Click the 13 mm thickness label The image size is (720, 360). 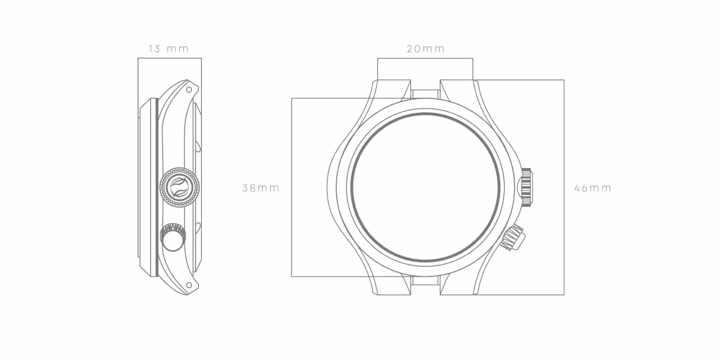169,49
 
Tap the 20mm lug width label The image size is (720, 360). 425,49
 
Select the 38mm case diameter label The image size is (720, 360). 260,188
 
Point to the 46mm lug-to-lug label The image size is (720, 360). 592,188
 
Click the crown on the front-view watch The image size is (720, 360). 526,187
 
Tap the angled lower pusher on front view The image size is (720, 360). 513,237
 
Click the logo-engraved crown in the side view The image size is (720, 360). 179,187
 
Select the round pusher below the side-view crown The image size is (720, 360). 173,237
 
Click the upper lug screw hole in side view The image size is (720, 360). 189,89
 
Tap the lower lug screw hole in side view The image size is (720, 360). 189,285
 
